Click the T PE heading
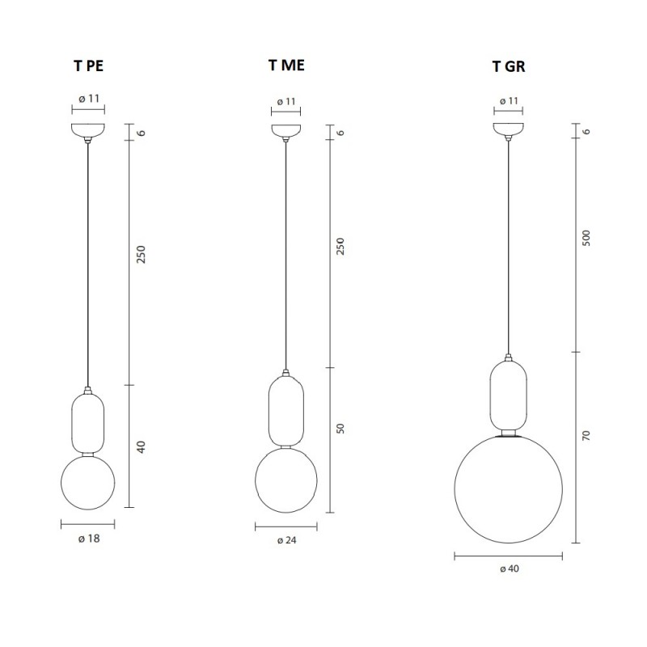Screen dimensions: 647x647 [x=88, y=68]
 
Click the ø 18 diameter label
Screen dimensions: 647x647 [x=88, y=539]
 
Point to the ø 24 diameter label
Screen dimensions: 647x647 [x=286, y=540]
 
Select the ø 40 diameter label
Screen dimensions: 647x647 [x=509, y=569]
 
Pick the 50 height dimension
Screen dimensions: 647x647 [x=340, y=429]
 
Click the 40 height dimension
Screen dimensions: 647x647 [x=141, y=446]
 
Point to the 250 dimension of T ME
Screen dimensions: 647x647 [x=340, y=246]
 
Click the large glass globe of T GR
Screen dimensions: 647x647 [x=509, y=489]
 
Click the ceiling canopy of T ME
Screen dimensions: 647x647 [x=285, y=130]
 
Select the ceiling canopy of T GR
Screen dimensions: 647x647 [x=509, y=130]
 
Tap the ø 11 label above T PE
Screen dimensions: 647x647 [x=89, y=99]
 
